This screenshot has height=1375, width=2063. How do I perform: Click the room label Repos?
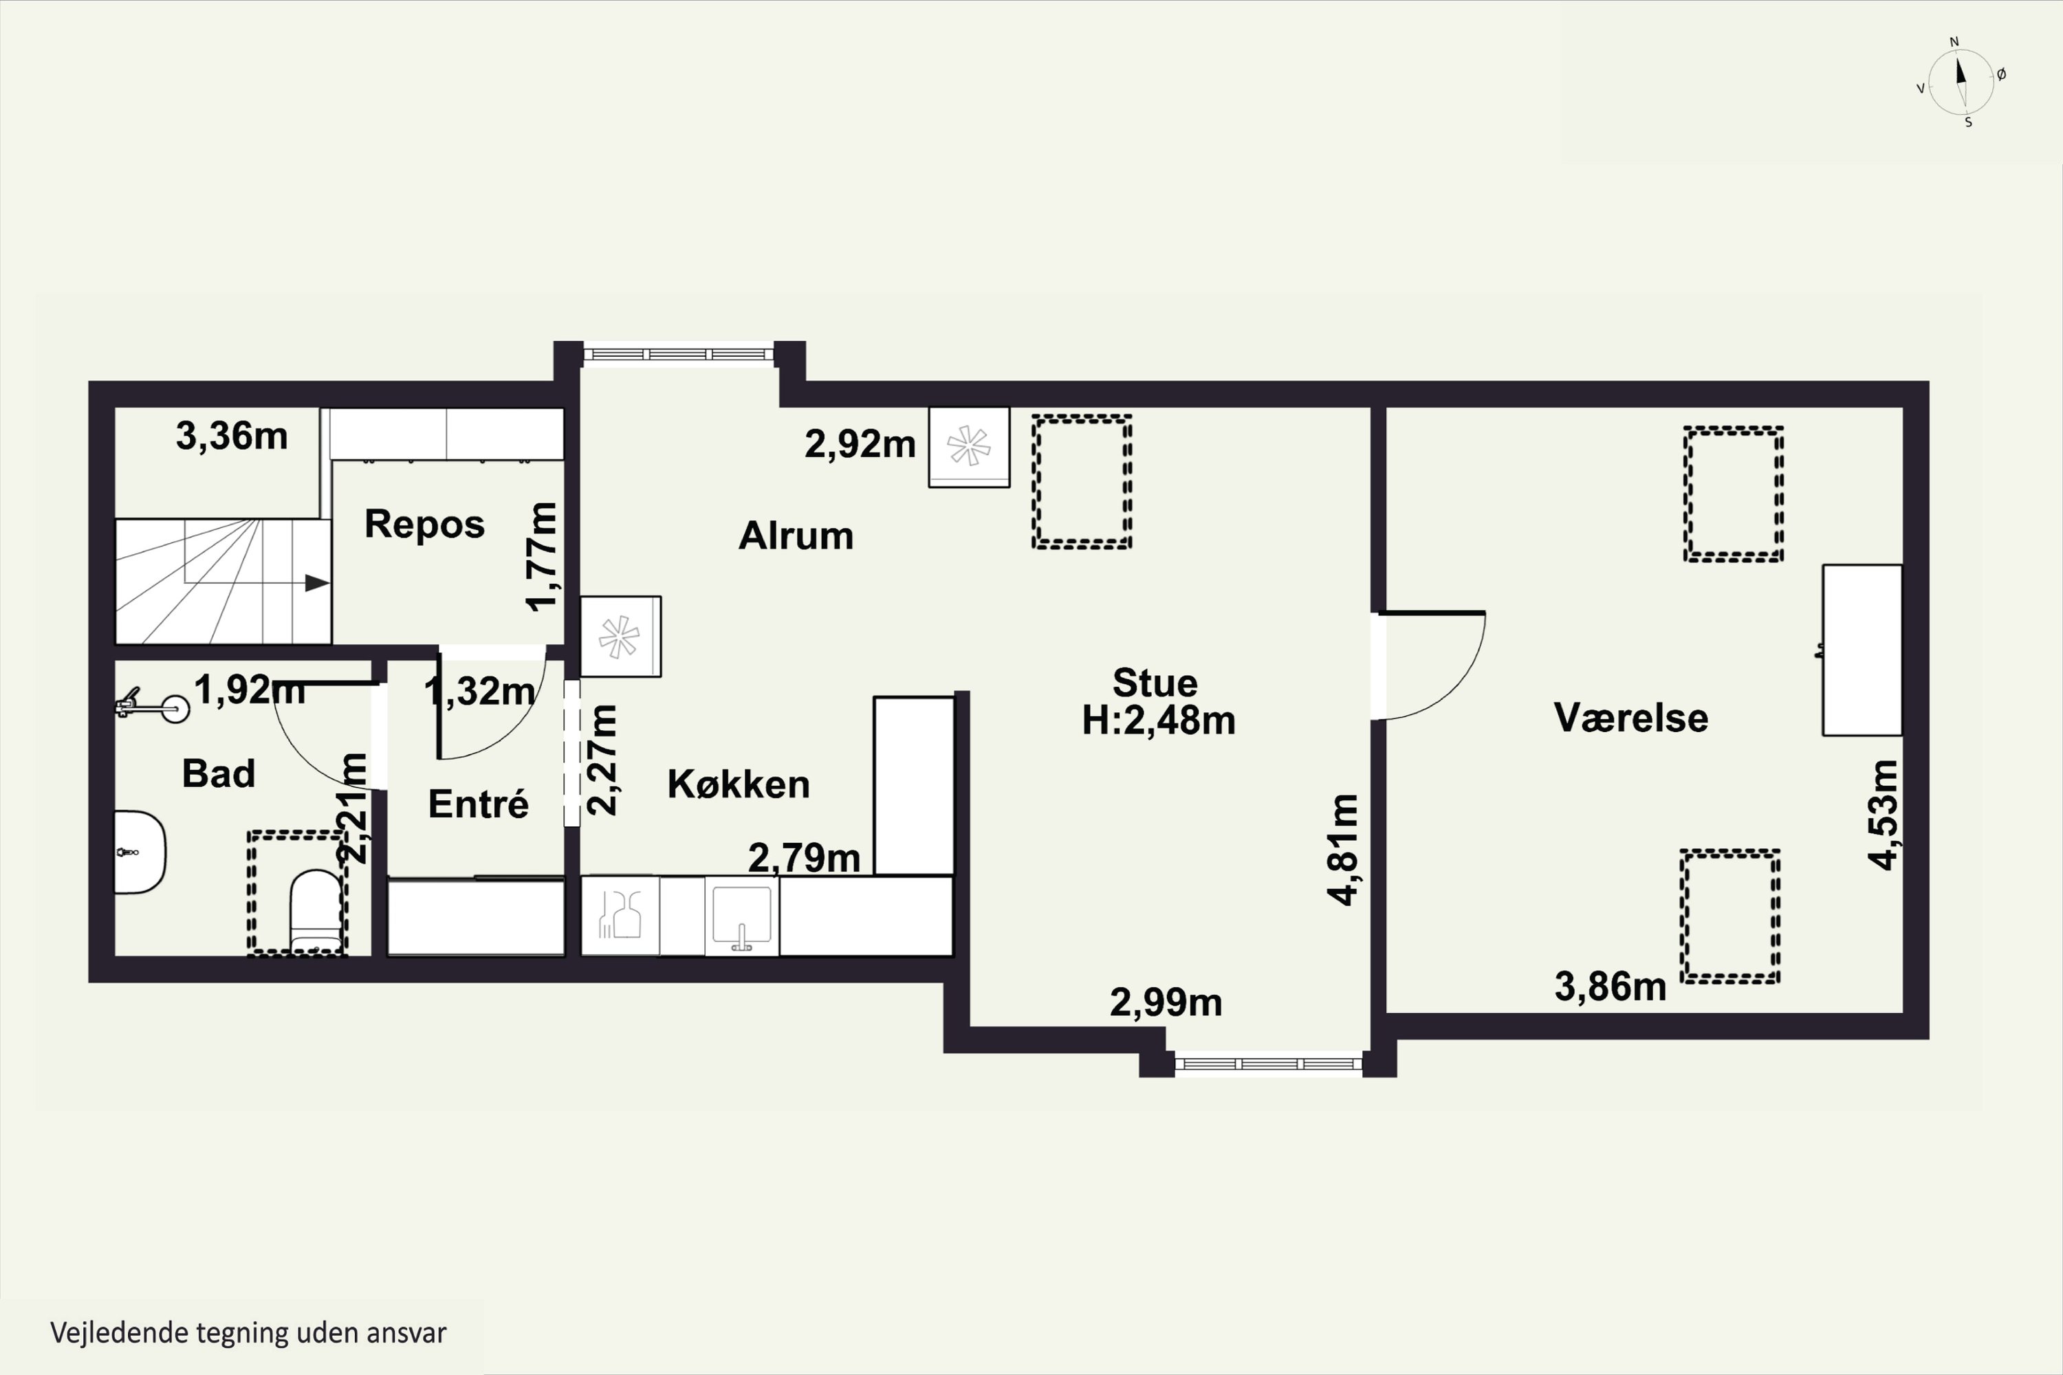tap(424, 525)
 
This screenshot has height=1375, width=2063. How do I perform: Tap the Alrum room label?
tap(796, 536)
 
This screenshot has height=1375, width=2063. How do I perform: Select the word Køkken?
tap(739, 784)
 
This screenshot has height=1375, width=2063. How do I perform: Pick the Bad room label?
tap(219, 773)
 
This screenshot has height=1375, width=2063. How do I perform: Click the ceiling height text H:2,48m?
tap(1158, 720)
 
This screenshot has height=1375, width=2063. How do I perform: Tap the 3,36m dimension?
tap(232, 436)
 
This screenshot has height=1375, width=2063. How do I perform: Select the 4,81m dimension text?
tap(1343, 849)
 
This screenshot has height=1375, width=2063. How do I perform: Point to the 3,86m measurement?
tap(1610, 987)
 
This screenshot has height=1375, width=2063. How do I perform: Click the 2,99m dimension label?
tap(1166, 1002)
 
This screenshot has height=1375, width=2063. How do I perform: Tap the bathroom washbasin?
tap(140, 852)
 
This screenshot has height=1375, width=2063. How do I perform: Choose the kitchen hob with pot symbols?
tap(620, 916)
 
